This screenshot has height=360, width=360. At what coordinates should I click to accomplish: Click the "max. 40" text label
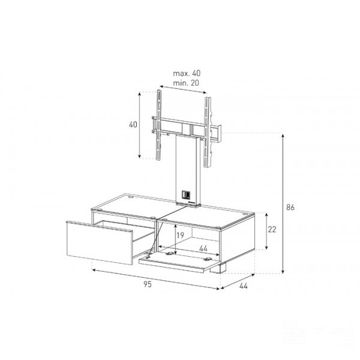[187, 73]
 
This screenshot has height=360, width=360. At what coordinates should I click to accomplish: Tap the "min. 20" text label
[186, 83]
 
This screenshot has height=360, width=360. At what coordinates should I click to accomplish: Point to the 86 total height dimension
[290, 208]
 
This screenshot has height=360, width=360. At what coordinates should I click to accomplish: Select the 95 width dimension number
[148, 284]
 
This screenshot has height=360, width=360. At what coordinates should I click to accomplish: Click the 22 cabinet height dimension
[272, 229]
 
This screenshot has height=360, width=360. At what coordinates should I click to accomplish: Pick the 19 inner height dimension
[180, 235]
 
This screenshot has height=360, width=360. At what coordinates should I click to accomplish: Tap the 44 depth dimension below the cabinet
[244, 286]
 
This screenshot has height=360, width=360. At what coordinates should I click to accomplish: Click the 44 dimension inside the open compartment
[203, 248]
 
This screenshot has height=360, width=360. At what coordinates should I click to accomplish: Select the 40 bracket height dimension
[133, 124]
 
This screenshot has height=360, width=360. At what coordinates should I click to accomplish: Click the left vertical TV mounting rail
[158, 125]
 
